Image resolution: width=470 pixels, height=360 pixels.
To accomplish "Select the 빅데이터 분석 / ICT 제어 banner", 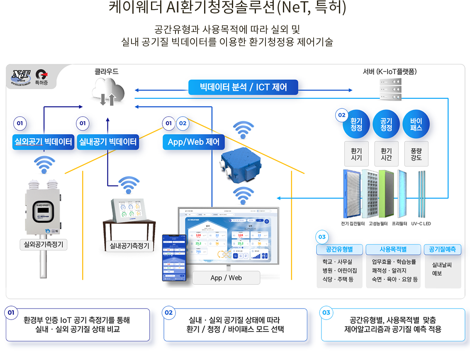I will [243, 88].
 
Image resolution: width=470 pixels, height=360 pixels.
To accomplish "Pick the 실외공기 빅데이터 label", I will [43, 142].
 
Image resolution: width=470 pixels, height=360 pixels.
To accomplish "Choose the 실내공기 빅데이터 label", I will [107, 142].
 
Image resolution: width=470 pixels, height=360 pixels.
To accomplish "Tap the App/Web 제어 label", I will [193, 142].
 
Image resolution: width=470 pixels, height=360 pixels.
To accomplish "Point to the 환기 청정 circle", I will [356, 124].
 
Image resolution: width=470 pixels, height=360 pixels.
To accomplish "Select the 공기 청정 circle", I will [386, 124].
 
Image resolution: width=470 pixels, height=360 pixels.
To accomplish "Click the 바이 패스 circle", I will [416, 124].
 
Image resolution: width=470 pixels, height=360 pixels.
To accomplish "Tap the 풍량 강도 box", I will [416, 154].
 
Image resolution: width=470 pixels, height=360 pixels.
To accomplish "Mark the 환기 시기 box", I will [356, 154].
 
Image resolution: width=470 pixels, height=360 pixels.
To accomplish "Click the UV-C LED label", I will [421, 224].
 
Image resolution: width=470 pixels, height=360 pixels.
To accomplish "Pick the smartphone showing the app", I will [174, 257].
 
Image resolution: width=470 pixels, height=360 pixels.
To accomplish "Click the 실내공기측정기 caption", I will [129, 246].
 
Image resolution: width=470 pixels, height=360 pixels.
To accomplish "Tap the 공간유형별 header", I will [339, 249].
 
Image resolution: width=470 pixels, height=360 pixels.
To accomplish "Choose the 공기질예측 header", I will [442, 249].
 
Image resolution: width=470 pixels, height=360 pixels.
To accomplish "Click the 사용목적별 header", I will [393, 249].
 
